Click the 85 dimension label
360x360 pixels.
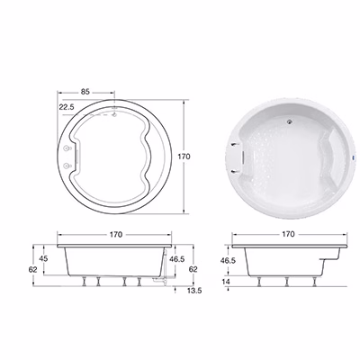click(85, 92)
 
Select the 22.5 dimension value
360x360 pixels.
click(67, 107)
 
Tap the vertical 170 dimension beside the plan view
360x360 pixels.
click(184, 157)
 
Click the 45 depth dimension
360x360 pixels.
click(43, 258)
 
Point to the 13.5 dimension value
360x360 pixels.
click(194, 291)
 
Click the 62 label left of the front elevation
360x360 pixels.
click(33, 269)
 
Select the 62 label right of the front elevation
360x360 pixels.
click(193, 269)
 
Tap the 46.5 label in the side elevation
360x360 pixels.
click(228, 260)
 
